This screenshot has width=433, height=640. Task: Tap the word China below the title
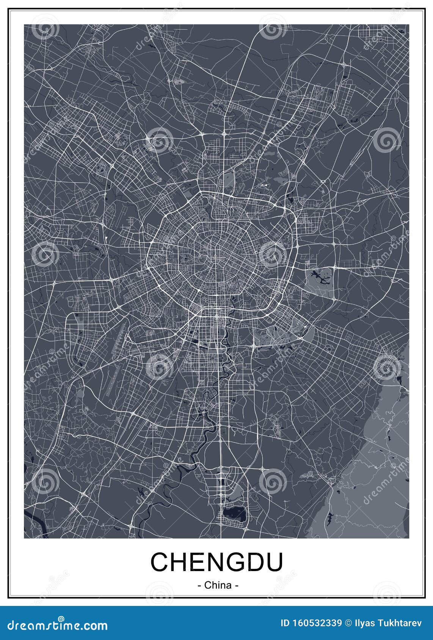pos(218,585)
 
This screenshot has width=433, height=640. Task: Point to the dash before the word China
pos(199,585)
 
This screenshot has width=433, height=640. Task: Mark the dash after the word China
pos(236,585)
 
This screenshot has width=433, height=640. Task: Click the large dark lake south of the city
pos(234,514)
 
